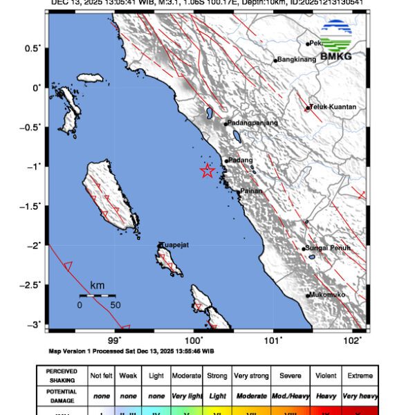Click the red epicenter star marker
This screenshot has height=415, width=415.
[x=207, y=171]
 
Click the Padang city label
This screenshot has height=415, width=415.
[x=241, y=160]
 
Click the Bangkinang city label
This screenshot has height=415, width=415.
[x=300, y=60]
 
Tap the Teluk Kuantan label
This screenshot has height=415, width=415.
[x=334, y=107]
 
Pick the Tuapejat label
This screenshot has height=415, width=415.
[x=174, y=244]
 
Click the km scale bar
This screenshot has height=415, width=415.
[x=97, y=295]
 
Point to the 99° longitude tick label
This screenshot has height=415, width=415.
[x=115, y=340]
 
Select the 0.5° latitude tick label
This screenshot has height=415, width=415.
[x=33, y=48]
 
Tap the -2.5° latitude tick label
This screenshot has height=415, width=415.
[x=31, y=284]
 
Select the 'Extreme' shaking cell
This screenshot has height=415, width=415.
[x=360, y=376]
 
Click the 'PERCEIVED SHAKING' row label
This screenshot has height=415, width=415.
[x=62, y=376]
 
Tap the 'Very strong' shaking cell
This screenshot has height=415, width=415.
[x=251, y=376]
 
